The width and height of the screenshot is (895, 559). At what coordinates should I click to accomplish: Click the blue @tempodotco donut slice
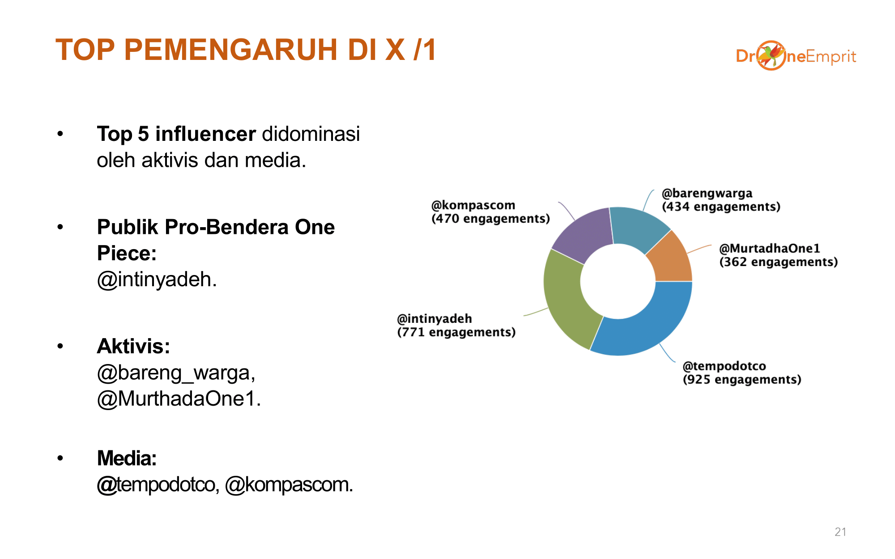(649, 329)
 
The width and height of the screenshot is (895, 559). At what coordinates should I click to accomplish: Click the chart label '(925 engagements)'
(742, 380)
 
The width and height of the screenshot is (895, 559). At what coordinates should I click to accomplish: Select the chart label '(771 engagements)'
(456, 332)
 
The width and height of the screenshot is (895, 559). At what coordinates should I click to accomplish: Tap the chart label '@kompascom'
(473, 205)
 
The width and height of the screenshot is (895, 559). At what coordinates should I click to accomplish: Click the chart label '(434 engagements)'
(721, 207)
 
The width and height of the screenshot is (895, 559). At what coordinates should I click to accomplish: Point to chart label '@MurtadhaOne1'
(770, 248)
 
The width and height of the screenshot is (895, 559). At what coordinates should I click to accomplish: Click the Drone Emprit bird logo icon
(771, 55)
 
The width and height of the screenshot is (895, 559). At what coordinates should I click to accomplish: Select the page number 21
(840, 532)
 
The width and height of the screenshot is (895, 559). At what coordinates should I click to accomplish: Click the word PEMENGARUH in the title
(231, 49)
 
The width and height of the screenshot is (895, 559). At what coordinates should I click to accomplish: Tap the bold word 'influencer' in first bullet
(205, 134)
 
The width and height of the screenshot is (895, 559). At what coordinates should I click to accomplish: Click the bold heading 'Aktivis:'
(133, 346)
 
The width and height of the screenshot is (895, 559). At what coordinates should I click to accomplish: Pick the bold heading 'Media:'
(127, 458)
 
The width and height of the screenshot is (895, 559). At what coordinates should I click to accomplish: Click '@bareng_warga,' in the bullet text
(176, 373)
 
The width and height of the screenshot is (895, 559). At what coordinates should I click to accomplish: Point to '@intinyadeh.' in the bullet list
(157, 279)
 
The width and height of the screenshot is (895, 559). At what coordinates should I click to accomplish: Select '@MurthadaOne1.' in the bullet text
(179, 398)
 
